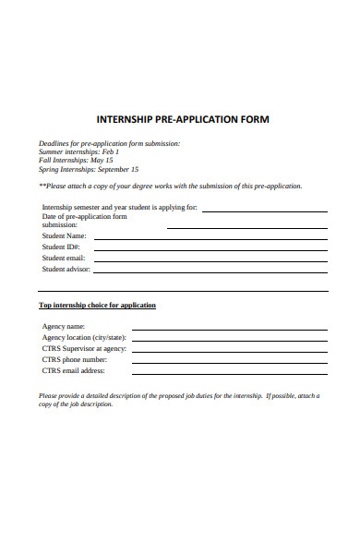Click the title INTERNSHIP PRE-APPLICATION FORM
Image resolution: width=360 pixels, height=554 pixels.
pos(184,120)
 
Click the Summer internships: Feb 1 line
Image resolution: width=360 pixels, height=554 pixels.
pos(78,151)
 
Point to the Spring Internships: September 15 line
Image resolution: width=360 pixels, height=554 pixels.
pos(89,170)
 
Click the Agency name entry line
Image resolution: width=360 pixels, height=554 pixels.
pos(229,328)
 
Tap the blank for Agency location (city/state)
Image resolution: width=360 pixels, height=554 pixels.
pos(229,339)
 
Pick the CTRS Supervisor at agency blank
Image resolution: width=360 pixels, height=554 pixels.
pos(229,350)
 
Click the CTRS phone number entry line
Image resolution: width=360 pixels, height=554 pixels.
pos(229,361)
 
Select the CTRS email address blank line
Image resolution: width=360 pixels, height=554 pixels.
pos(229,372)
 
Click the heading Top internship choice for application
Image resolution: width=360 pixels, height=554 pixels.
pos(97,305)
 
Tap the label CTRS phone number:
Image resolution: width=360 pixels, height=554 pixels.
pos(75,359)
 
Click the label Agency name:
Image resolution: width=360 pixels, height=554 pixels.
pos(64,326)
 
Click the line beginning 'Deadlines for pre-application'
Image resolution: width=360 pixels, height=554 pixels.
pos(109,143)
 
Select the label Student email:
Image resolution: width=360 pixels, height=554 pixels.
pos(64,259)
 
